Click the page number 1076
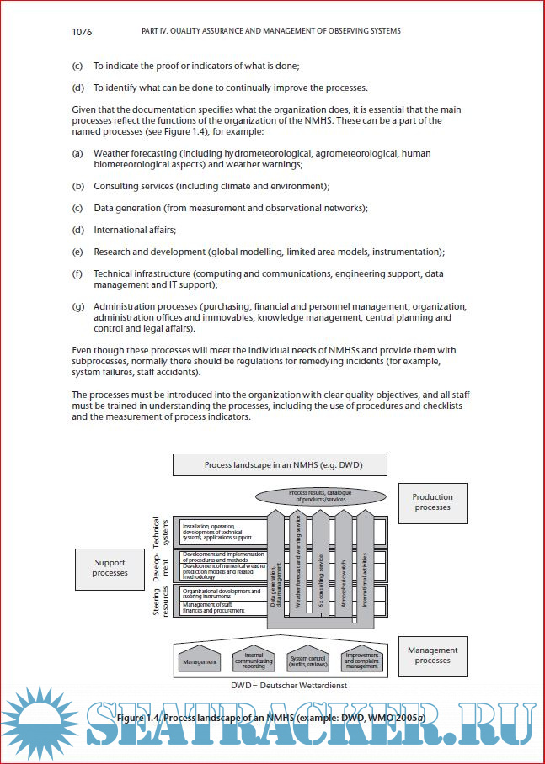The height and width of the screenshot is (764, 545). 82,32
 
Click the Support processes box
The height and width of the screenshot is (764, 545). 110,568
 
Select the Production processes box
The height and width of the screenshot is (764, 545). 432,502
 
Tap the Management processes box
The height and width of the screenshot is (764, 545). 432,655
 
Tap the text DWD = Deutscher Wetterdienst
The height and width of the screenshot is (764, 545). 277,686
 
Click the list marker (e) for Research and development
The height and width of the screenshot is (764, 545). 77,252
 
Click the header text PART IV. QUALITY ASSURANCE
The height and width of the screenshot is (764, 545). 270,32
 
